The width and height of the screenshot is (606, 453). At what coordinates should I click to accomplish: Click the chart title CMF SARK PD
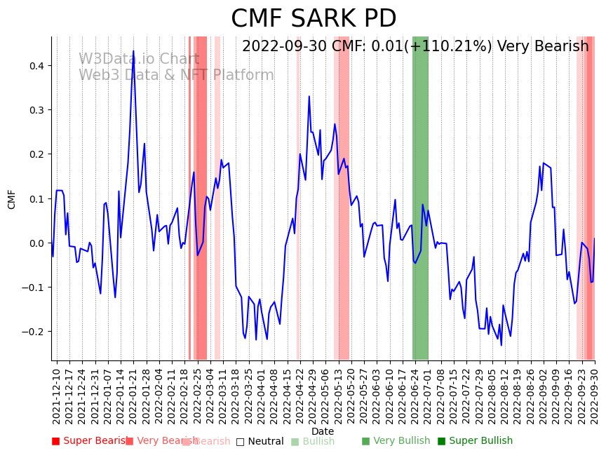coord(314,19)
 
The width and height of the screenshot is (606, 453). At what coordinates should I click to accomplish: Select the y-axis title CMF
coord(12,199)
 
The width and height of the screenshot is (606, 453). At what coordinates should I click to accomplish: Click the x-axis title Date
coord(323,431)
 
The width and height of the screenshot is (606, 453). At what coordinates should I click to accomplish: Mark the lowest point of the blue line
coord(501,345)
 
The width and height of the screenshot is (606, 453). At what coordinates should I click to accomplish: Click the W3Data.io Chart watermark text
coord(139,60)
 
